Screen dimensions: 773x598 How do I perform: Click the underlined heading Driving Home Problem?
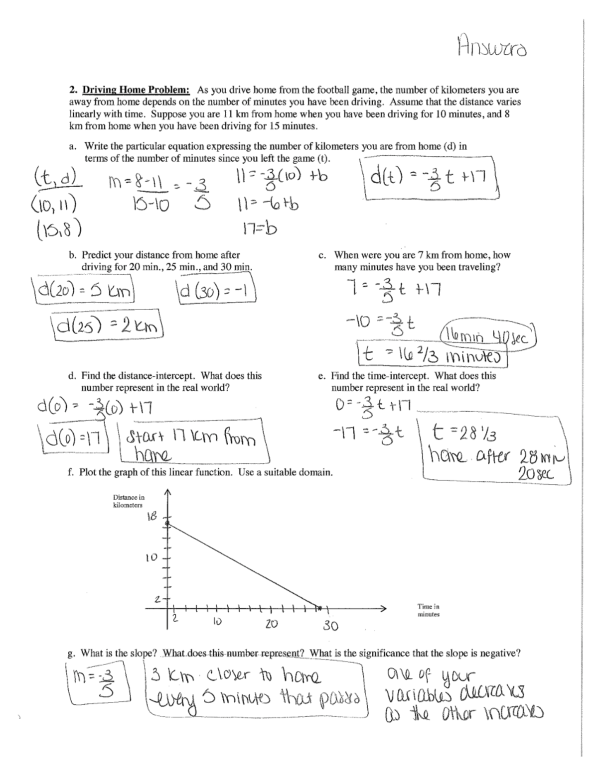point(136,90)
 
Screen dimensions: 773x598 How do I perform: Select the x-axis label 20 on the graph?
point(271,624)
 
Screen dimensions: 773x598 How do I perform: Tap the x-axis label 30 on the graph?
point(330,626)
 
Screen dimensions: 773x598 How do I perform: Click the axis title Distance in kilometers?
point(128,501)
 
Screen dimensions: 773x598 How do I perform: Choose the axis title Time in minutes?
point(428,610)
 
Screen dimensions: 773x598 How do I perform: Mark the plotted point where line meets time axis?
point(317,607)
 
